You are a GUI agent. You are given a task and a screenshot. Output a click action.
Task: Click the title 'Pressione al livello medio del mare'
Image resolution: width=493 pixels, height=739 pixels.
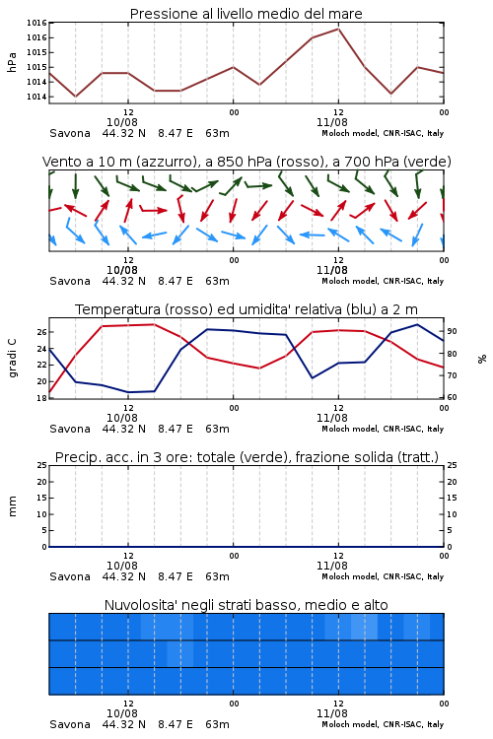coord(246,14)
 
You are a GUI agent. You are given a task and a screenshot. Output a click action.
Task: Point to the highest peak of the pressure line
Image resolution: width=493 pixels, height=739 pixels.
coord(338,29)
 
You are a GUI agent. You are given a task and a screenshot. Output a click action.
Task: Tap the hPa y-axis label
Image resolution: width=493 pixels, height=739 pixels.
coord(12,62)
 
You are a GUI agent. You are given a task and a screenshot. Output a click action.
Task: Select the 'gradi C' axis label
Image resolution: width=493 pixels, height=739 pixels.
coord(12,359)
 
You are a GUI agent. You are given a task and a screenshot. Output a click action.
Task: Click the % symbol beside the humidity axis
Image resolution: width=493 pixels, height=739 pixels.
coord(482,359)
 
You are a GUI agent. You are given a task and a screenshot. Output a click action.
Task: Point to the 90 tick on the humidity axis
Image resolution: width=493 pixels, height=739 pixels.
coord(452,331)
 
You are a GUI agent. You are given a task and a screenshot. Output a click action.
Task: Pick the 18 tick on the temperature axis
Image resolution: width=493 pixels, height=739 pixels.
coord(42,398)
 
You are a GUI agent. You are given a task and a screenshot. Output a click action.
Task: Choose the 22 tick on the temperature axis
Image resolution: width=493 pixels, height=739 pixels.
coord(42,365)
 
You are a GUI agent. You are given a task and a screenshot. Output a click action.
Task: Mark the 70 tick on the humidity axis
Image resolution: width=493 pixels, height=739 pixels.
coord(452,375)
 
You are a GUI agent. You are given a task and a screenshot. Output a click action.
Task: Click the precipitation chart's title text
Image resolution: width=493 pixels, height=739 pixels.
coord(246,457)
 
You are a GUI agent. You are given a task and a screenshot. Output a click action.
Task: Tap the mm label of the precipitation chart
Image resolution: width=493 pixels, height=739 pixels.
coord(12,506)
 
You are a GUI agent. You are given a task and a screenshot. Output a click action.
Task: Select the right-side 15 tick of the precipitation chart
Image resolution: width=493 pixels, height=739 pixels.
coord(452,498)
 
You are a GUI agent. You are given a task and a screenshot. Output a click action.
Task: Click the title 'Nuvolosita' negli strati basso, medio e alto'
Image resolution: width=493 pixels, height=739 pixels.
coord(246,605)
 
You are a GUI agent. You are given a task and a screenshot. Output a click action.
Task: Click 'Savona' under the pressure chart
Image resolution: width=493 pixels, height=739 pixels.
coord(70,133)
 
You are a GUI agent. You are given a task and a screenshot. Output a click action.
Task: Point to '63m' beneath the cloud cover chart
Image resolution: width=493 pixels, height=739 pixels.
coord(217,724)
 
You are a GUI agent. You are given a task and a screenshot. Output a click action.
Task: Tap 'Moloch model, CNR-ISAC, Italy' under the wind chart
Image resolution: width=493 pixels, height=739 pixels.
coord(383,281)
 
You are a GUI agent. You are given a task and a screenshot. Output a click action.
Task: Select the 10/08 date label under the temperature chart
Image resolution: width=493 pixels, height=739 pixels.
coord(122,418)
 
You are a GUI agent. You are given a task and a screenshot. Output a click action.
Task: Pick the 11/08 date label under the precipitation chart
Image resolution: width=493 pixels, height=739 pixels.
coord(332,566)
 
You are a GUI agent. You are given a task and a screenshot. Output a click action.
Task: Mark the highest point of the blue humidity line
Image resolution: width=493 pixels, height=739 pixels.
coord(417,324)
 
